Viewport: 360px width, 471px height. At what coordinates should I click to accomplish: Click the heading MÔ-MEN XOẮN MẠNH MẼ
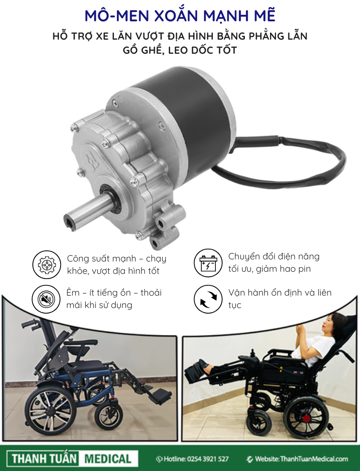(x=180, y=16)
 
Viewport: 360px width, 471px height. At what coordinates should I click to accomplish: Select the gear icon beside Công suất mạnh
(x=46, y=265)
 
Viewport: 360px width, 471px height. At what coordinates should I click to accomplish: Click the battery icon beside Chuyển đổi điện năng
(x=208, y=263)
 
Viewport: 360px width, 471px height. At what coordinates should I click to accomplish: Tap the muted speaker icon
(x=46, y=299)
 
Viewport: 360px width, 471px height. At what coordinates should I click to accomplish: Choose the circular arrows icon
(x=208, y=299)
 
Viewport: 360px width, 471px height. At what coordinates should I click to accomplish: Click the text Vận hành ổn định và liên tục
(x=280, y=299)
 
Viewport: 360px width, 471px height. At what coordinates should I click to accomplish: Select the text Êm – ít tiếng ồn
(x=99, y=293)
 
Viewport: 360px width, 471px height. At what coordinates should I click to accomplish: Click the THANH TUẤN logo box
(x=44, y=459)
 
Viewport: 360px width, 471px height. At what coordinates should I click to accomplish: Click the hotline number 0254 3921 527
(x=208, y=459)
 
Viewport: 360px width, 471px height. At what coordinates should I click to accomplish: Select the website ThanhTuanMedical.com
(x=314, y=459)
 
